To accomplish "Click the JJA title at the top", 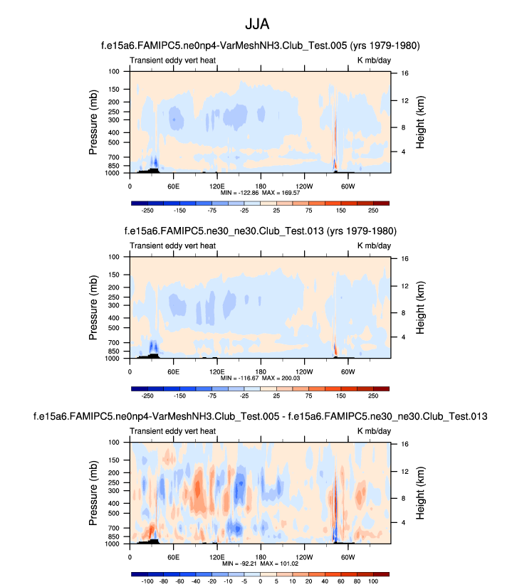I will (261, 24).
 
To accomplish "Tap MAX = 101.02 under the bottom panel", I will (280, 563).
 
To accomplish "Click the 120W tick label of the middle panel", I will (303, 371).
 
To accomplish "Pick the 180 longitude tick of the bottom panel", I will (261, 556).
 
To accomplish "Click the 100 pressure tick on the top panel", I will (114, 72).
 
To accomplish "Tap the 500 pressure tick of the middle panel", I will (114, 329).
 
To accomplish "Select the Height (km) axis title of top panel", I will (421, 122).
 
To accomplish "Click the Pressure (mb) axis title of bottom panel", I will (93, 492).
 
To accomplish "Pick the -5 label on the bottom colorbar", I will (245, 581).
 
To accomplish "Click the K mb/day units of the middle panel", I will (373, 245).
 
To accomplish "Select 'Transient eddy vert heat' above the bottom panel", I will (173, 430).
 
